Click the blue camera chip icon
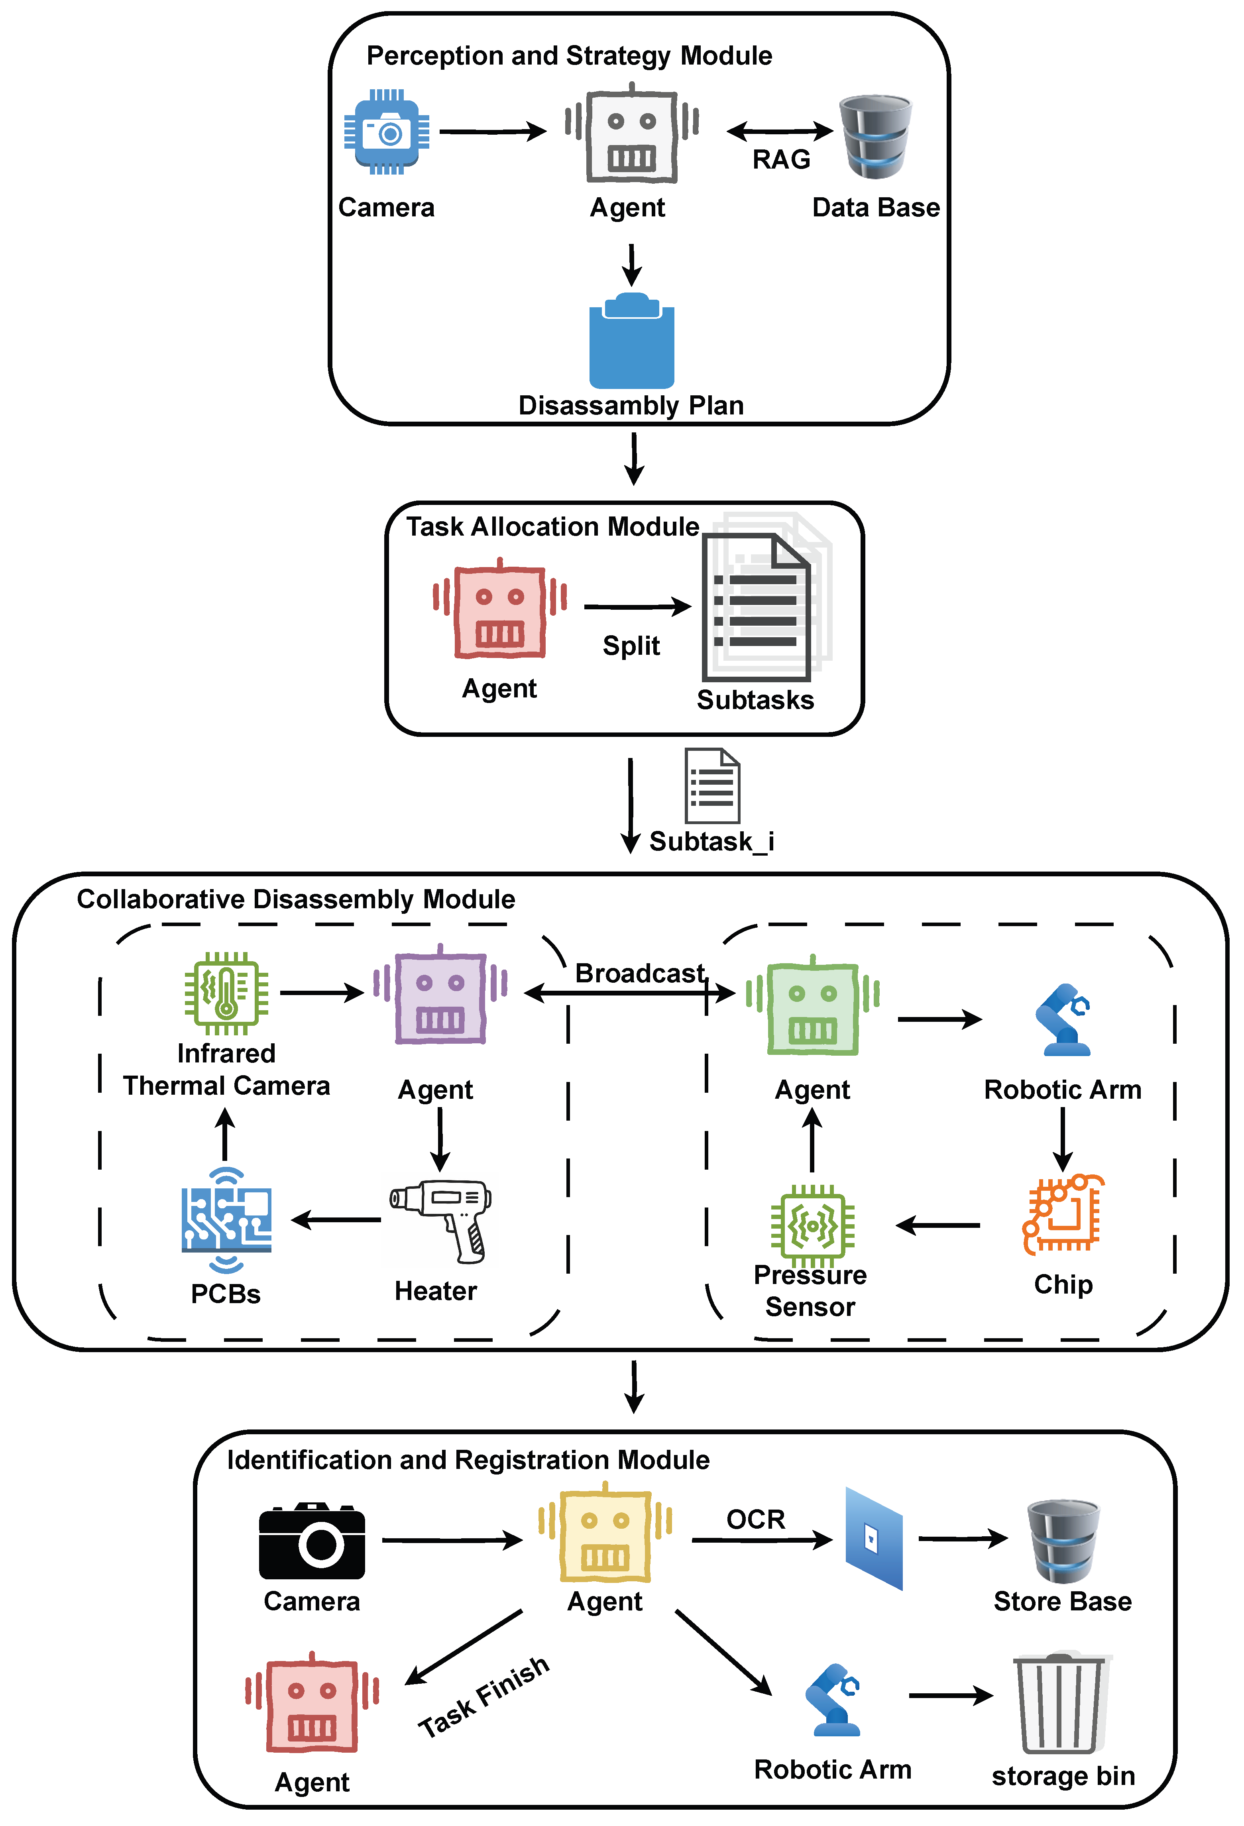coord(387,132)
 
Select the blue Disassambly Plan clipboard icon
coord(632,342)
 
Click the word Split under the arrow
coord(631,646)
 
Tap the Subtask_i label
coord(711,842)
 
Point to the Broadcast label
coord(640,974)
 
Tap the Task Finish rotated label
coord(483,1697)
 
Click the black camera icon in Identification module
coord(312,1541)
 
